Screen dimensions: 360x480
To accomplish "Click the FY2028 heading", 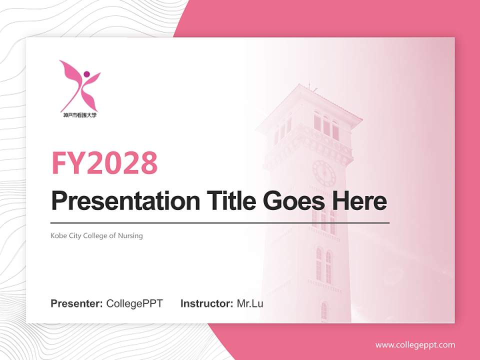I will [x=104, y=163].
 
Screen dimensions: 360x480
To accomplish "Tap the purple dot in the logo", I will [x=86, y=74].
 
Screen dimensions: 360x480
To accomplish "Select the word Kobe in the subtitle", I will [x=58, y=235].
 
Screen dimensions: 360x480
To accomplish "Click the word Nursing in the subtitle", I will [x=130, y=235].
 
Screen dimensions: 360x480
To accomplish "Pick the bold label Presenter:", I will [x=77, y=303].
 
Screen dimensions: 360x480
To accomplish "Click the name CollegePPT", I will [x=134, y=303].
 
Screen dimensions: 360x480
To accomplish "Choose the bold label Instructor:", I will [x=206, y=303].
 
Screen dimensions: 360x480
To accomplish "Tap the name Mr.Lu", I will [x=250, y=303].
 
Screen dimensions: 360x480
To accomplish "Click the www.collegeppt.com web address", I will [x=415, y=344].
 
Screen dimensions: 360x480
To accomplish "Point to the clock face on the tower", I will [x=324, y=173].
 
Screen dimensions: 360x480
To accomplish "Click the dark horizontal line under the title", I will [x=220, y=222].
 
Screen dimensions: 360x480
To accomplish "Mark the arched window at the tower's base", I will [x=323, y=311].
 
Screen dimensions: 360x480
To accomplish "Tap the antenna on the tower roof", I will [x=309, y=85].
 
